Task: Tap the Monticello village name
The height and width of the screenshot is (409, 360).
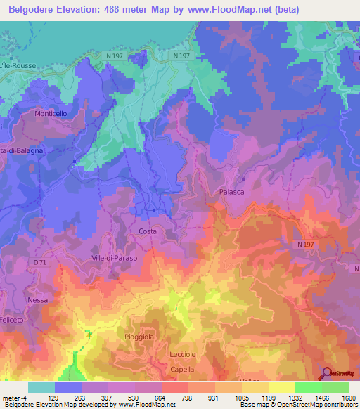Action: click(51, 113)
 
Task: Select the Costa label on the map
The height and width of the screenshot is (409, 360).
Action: click(148, 231)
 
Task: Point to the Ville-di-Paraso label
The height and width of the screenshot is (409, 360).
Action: click(115, 258)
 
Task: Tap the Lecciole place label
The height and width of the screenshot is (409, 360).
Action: click(185, 355)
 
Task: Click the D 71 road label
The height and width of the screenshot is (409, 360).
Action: click(39, 262)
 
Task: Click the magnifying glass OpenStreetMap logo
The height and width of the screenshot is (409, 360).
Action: click(328, 373)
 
